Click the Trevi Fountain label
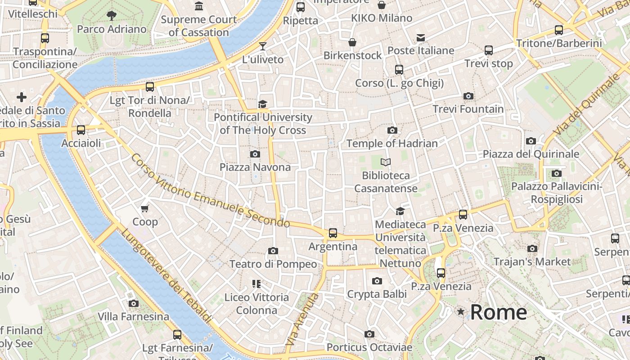(x=468, y=109)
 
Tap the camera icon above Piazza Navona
(x=255, y=154)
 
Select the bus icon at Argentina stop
(x=333, y=233)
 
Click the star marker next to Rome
(x=461, y=311)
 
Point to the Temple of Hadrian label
(x=392, y=144)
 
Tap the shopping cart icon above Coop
(x=145, y=208)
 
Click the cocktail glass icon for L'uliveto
(x=263, y=46)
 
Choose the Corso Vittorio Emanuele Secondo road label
(x=211, y=191)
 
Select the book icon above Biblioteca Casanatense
(x=386, y=162)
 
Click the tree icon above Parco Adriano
(x=112, y=16)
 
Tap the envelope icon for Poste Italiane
(x=421, y=37)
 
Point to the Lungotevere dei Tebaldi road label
(x=166, y=276)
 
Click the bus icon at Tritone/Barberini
(x=559, y=30)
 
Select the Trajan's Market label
(x=532, y=261)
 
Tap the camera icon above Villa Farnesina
(x=134, y=303)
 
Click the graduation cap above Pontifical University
(x=263, y=104)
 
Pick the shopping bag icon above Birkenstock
(x=353, y=42)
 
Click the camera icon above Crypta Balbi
(x=377, y=281)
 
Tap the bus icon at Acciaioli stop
(x=81, y=130)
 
